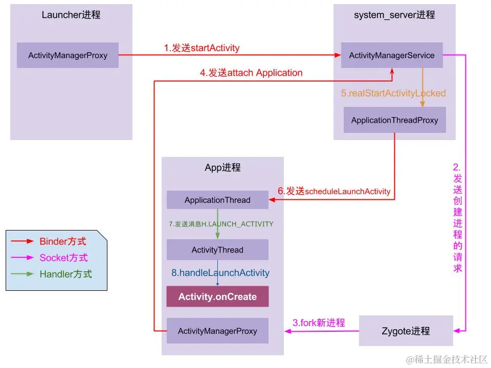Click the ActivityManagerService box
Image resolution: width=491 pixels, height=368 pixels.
[x=392, y=55]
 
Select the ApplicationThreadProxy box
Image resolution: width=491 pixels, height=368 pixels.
[x=394, y=120]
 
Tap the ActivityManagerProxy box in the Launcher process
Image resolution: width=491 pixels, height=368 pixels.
[x=68, y=55]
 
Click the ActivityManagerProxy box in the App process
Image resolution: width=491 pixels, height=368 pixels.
[x=217, y=331]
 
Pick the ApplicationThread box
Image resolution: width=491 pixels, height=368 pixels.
[x=217, y=200]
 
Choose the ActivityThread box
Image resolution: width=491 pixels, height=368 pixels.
[x=217, y=250]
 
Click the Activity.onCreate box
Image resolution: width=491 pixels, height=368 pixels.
[x=217, y=296]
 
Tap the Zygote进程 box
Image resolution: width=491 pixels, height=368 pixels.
[x=406, y=331]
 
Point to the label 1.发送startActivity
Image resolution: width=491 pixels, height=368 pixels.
[x=202, y=48]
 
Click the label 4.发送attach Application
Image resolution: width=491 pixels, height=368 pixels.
[x=251, y=73]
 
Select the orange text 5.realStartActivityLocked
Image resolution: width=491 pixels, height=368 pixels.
[x=393, y=93]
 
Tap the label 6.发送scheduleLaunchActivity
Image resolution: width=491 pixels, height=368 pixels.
[x=334, y=191]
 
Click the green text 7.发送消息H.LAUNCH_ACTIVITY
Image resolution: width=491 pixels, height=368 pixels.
[x=221, y=224]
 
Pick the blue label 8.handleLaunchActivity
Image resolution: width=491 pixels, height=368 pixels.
[x=220, y=273]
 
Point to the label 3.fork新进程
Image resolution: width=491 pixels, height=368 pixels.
[x=319, y=323]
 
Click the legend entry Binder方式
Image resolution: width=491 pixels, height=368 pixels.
[x=63, y=241]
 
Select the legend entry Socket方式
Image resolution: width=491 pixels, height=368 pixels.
[x=63, y=258]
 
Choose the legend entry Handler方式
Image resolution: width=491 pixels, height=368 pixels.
[x=65, y=274]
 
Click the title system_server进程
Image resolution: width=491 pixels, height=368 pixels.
[x=394, y=15]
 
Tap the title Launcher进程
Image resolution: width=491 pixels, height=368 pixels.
[x=71, y=15]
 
